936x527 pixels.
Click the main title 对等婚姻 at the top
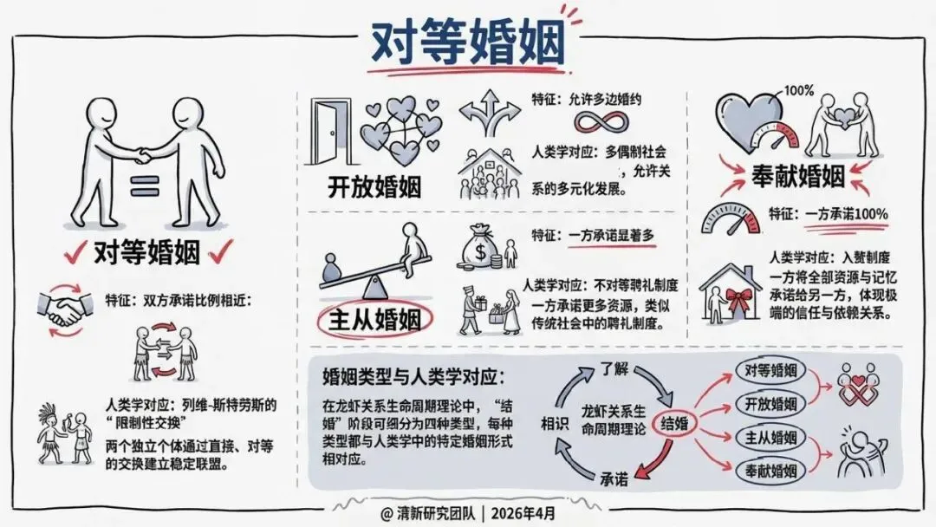tap(467, 42)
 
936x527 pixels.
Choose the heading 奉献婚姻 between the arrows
tap(796, 177)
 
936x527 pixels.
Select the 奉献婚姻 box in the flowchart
tap(770, 471)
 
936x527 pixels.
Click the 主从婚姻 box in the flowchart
tap(770, 438)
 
